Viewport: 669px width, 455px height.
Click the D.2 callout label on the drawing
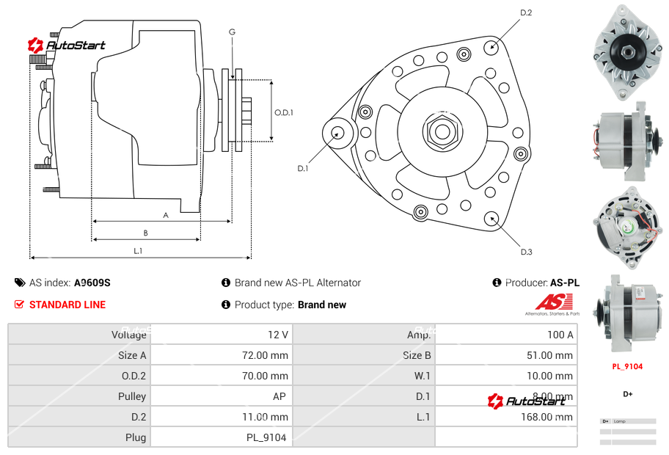pyautogui.click(x=525, y=12)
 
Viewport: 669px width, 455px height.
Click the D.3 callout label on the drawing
pyautogui.click(x=526, y=252)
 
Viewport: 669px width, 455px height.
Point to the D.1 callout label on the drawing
pyautogui.click(x=302, y=168)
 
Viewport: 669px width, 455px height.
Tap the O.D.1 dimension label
pyautogui.click(x=284, y=112)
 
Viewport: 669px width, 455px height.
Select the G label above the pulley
pyautogui.click(x=232, y=32)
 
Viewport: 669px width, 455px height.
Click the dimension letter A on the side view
pyautogui.click(x=166, y=215)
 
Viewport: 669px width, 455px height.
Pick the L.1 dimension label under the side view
pyautogui.click(x=138, y=252)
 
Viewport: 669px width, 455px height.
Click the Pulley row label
pyautogui.click(x=132, y=396)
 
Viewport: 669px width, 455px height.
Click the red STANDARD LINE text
pyautogui.click(x=67, y=305)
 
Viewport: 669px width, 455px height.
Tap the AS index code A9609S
pyautogui.click(x=92, y=283)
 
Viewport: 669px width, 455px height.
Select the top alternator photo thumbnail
pyautogui.click(x=627, y=51)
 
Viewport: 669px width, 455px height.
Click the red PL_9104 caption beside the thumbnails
pyautogui.click(x=627, y=366)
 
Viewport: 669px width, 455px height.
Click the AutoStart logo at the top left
pyautogui.click(x=67, y=45)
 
